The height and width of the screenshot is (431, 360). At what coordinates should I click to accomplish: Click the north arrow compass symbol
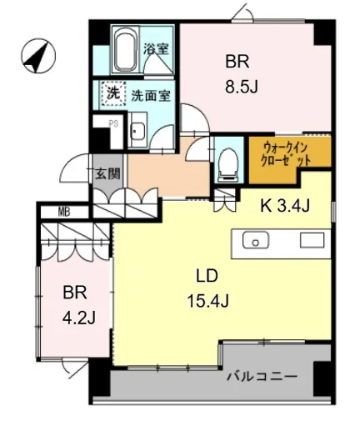[x=38, y=56]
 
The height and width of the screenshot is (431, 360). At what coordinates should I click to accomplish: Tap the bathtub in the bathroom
[x=126, y=50]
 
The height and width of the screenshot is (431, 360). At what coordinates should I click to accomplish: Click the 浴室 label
[x=156, y=49]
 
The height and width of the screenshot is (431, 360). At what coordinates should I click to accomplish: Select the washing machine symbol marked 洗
[x=113, y=93]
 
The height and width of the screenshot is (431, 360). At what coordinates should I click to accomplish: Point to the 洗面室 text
[x=151, y=96]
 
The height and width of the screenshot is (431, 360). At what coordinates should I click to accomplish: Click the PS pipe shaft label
[x=113, y=123]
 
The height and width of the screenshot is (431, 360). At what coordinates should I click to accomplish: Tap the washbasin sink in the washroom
[x=137, y=130]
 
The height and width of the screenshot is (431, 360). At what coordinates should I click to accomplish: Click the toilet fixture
[x=229, y=165]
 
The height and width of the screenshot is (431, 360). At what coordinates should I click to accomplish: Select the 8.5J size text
[x=242, y=86]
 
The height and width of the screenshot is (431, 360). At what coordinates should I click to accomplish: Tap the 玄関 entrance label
[x=107, y=173]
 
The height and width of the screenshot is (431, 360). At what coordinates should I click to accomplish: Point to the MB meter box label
[x=64, y=213]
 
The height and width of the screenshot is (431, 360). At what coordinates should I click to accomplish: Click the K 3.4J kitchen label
[x=285, y=206]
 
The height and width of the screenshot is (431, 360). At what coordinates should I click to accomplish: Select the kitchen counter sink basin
[x=256, y=240]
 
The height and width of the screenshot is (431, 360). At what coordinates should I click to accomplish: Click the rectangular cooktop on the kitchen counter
[x=312, y=240]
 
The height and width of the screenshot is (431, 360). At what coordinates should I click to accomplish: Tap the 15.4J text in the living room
[x=208, y=301]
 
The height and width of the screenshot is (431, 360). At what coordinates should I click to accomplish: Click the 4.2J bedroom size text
[x=79, y=318]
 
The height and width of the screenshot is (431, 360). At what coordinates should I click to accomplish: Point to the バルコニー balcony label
[x=262, y=377]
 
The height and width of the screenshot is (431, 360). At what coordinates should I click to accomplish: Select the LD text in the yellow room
[x=207, y=276]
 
